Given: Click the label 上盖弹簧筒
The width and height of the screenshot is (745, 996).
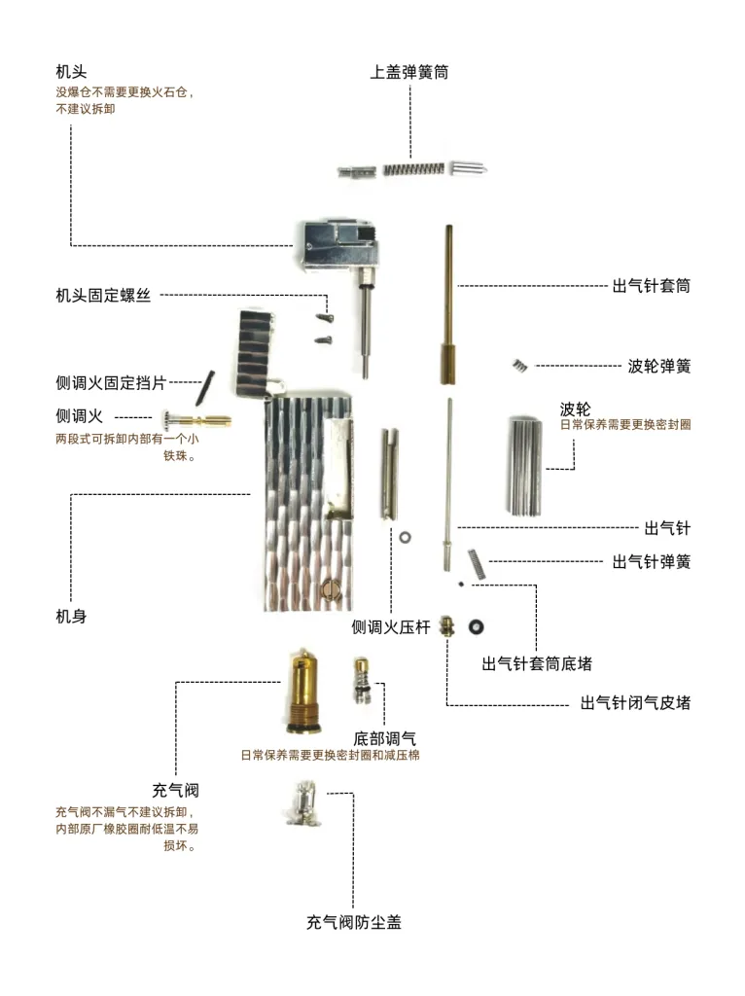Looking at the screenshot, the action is click(409, 72).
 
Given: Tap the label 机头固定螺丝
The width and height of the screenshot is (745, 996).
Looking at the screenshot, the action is click(103, 296).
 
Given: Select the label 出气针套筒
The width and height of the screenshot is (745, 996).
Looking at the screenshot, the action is click(651, 286).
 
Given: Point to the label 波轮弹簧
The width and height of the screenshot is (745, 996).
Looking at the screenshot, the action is click(659, 366).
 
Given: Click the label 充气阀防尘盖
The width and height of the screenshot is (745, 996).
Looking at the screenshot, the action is click(354, 922).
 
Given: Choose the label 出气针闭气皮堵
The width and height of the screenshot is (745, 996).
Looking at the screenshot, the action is click(635, 703).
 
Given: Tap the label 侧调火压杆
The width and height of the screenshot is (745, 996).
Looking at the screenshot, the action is click(391, 627).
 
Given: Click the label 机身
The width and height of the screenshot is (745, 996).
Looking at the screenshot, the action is click(71, 616).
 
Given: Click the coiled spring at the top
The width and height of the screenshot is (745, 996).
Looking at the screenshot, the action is click(413, 169).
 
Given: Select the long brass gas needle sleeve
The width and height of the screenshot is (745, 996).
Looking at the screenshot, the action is click(448, 304).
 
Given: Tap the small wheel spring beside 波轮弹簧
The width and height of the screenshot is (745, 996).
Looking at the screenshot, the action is click(520, 366).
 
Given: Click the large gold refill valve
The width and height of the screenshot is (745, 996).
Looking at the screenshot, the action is click(302, 692).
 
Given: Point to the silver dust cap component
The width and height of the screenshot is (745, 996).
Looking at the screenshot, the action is click(304, 804).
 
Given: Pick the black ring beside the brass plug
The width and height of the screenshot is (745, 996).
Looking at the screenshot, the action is click(476, 627).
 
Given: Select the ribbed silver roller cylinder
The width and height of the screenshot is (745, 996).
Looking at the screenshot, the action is click(525, 466).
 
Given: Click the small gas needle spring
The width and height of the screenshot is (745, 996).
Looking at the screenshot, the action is click(477, 563).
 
